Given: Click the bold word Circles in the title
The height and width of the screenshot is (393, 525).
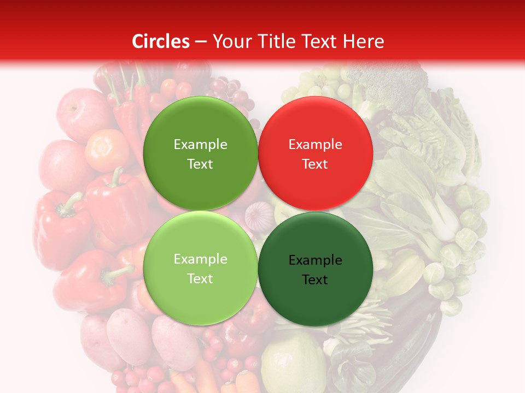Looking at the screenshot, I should tap(161, 41).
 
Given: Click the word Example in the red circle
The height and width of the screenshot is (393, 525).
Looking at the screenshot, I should tap(315, 145).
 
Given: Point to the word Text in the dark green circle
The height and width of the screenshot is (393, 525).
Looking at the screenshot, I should tap(315, 280).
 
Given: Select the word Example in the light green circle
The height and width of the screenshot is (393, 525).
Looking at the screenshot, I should tap(200, 259).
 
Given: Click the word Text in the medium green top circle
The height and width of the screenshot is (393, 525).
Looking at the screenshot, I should tap(200, 164).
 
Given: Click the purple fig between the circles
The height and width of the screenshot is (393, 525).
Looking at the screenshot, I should tap(258, 216).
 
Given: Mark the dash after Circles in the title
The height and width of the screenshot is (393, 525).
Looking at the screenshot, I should tap(200, 41).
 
